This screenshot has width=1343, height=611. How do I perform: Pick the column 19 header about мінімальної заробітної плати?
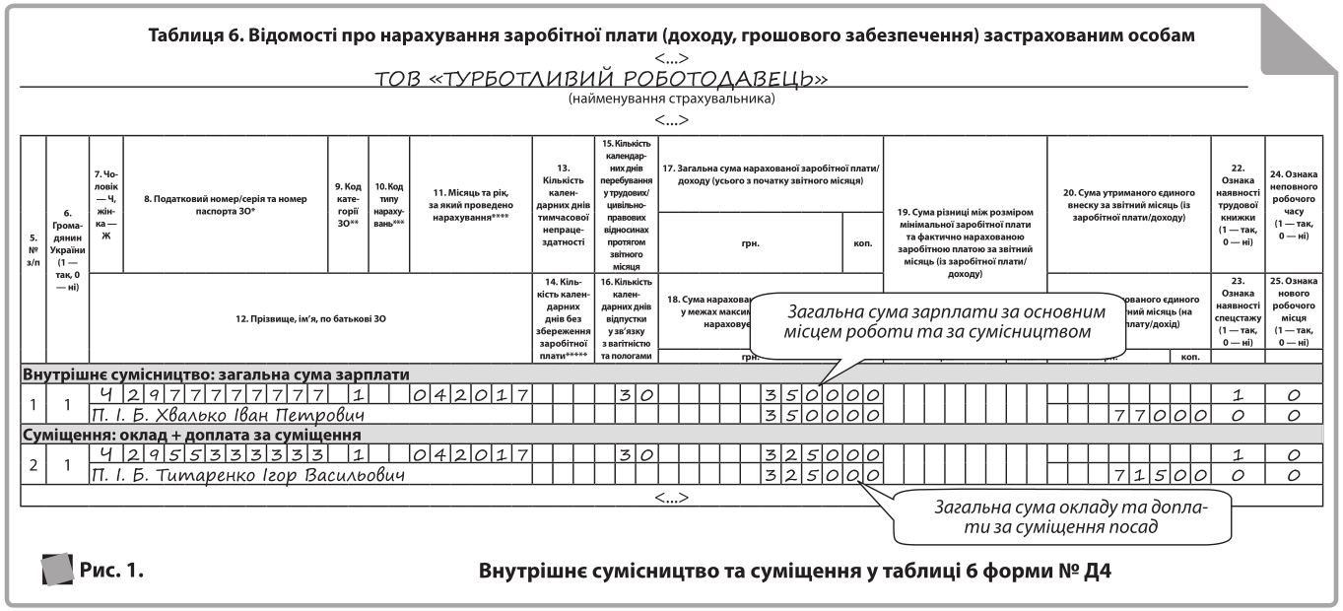pos(965,241)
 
